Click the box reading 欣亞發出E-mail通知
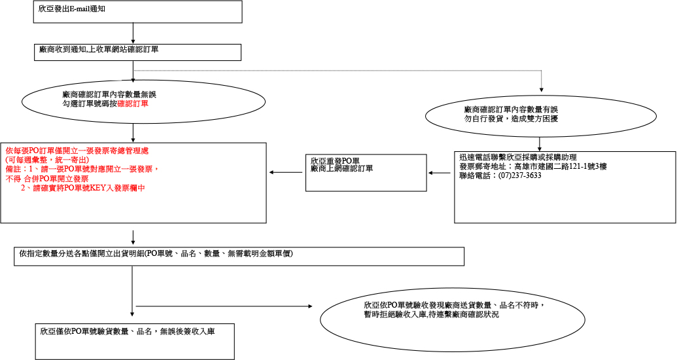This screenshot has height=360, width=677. [x=138, y=12]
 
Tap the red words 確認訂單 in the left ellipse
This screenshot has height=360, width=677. [x=133, y=103]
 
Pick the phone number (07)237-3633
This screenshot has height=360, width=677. [x=520, y=175]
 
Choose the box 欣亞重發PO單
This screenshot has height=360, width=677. [x=366, y=173]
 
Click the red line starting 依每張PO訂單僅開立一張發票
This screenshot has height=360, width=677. [x=77, y=151]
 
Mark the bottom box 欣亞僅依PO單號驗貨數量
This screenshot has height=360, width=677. [x=135, y=340]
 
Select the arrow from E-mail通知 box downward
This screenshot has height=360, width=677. [x=133, y=33]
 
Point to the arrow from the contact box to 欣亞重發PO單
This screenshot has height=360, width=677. [x=440, y=173]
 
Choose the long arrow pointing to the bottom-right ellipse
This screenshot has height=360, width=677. [x=229, y=306]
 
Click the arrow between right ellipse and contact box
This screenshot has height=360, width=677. [x=540, y=143]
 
